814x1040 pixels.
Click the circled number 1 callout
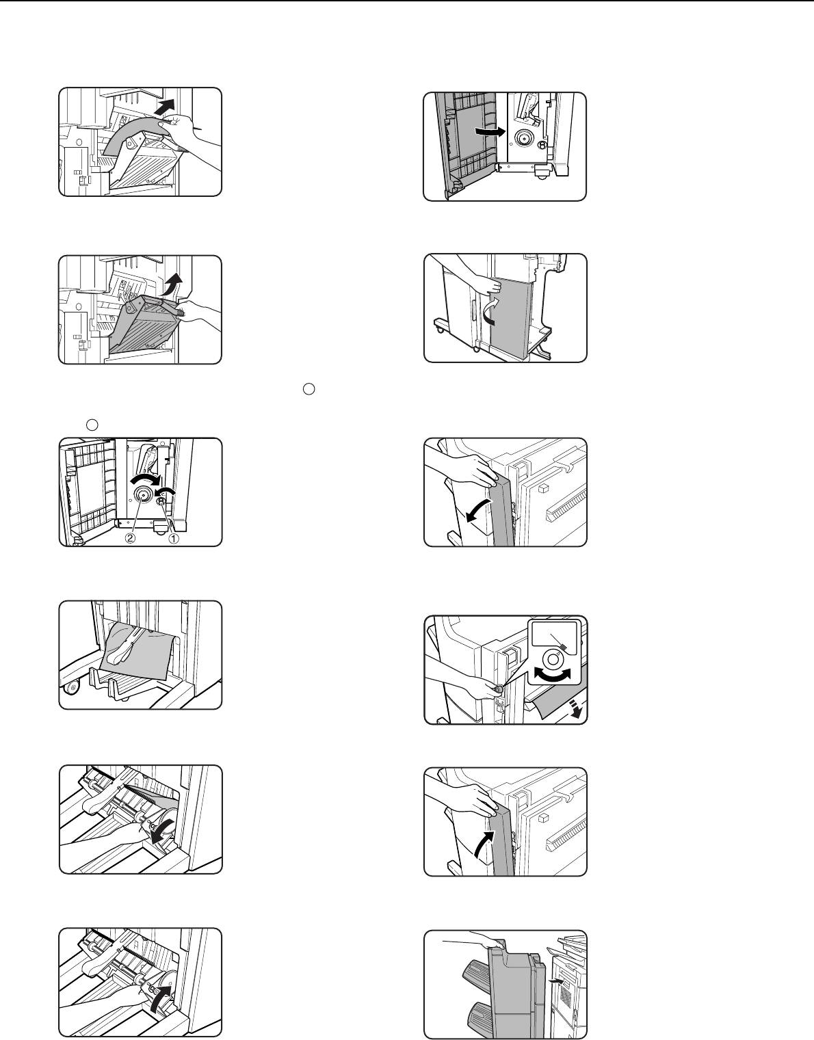click(174, 538)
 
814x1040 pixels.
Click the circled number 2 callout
click(130, 538)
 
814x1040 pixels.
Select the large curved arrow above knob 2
click(148, 479)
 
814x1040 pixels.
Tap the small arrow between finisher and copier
click(556, 981)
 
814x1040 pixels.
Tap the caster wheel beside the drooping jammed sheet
click(72, 689)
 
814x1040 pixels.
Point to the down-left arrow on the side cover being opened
click(479, 510)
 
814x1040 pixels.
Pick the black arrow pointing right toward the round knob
click(490, 131)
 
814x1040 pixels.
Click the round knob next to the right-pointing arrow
click(523, 138)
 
